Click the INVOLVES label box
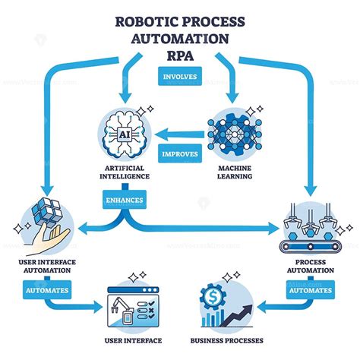180,76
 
